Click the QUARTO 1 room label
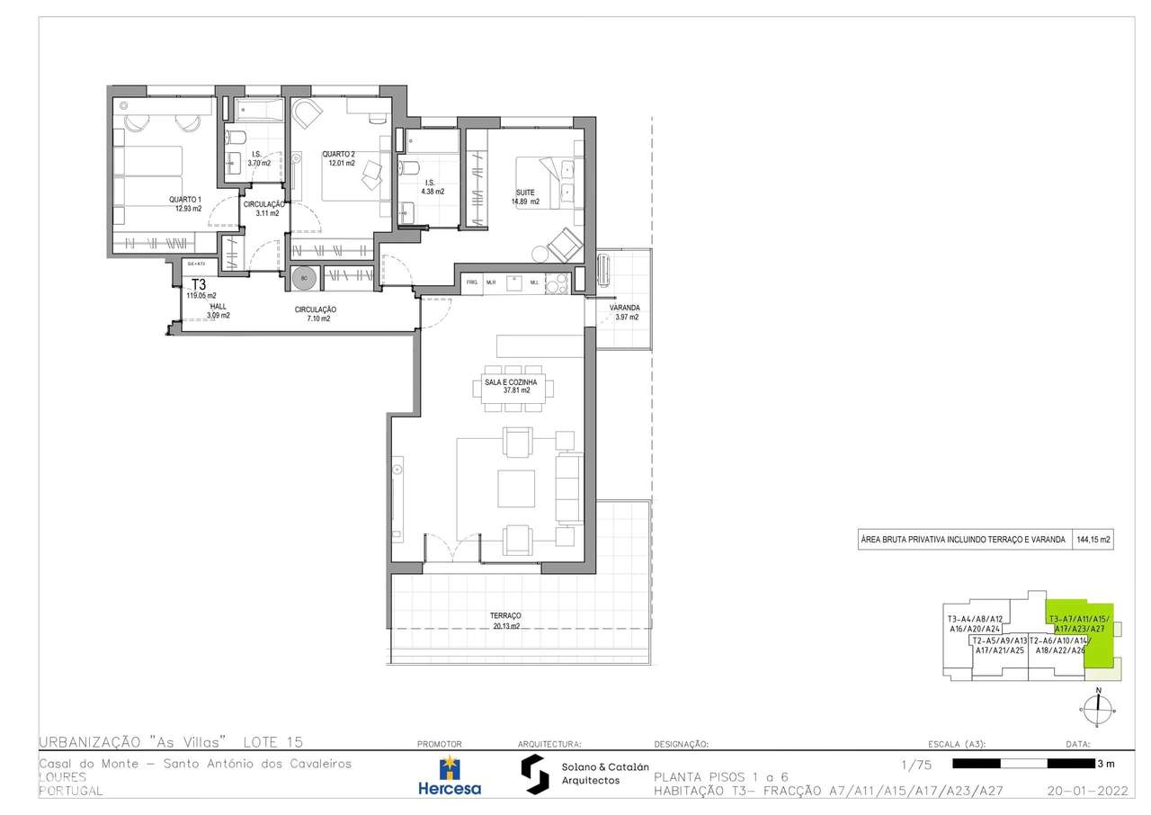pyautogui.click(x=185, y=203)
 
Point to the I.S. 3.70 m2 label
pyautogui.click(x=259, y=159)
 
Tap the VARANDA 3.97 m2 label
pyautogui.click(x=624, y=312)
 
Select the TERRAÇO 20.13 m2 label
pyautogui.click(x=505, y=621)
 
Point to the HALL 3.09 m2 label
pyautogui.click(x=218, y=311)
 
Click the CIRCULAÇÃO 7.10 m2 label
pyautogui.click(x=315, y=314)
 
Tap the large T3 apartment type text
pyautogui.click(x=199, y=282)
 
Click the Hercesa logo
pyautogui.click(x=450, y=776)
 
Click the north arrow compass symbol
pyautogui.click(x=1097, y=706)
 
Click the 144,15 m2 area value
pyautogui.click(x=1093, y=541)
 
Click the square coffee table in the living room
pyautogui.click(x=517, y=487)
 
